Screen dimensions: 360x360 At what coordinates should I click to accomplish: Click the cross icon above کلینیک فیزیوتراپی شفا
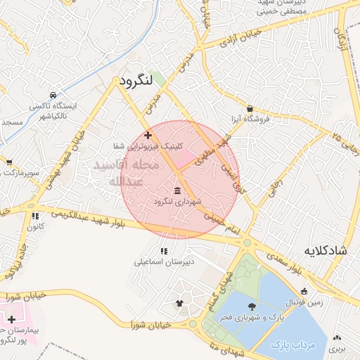click(148, 135)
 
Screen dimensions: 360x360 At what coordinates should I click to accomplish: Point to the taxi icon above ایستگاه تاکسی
click(53, 95)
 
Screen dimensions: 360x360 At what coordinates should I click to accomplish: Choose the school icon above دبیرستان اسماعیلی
click(165, 251)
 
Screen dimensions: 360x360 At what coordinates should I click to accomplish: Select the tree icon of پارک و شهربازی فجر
click(252, 306)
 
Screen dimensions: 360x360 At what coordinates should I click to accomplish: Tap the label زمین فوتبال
click(304, 302)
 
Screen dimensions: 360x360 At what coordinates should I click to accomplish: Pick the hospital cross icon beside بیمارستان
click(11, 319)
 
